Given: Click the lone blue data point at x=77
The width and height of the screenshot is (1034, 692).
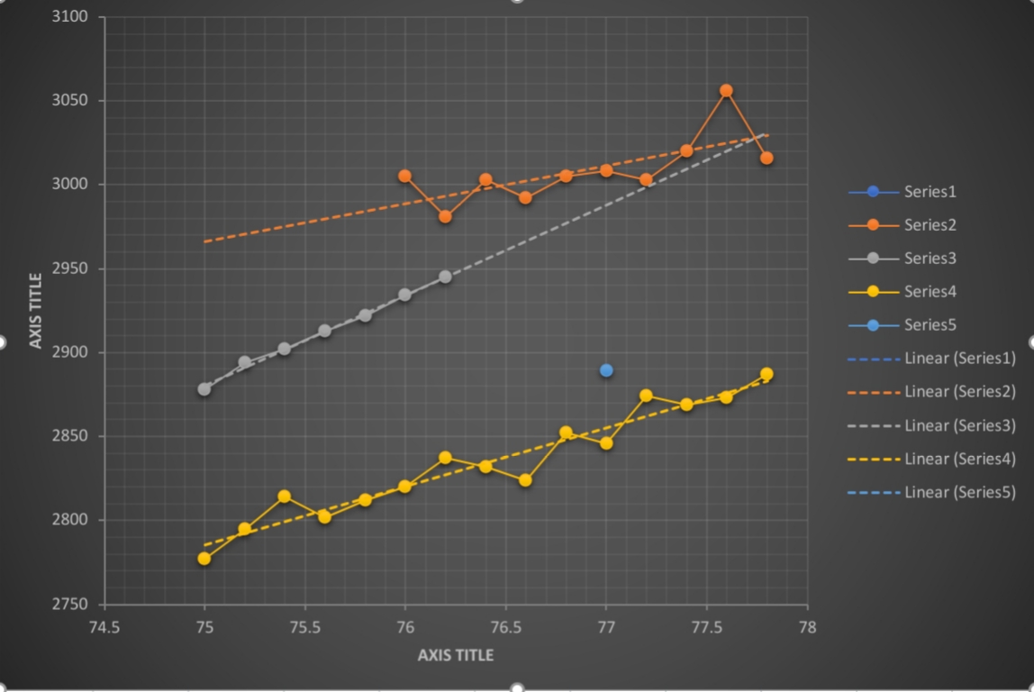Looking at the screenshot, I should point(606,370).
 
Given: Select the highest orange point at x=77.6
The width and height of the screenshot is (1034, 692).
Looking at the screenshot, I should point(726,90).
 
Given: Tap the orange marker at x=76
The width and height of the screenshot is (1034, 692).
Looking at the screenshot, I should point(404,176).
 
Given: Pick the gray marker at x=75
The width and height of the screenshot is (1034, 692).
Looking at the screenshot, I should point(204,389).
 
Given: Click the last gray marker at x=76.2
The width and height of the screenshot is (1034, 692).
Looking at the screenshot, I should point(445,277).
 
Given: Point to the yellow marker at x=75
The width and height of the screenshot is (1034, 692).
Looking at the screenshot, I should point(204,559).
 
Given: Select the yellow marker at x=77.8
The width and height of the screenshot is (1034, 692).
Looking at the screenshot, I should point(766,374).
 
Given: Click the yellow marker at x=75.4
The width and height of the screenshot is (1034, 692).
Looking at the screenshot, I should point(285,496).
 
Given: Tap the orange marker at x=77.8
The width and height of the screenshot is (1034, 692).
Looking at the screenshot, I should point(766,158).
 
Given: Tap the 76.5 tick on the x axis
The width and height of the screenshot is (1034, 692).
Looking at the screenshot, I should point(505,627).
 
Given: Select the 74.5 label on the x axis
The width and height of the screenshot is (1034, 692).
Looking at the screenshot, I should point(104,627).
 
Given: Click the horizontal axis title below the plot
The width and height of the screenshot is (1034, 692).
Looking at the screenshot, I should point(456,655).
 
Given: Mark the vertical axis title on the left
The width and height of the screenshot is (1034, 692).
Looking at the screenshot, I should point(36,310).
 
